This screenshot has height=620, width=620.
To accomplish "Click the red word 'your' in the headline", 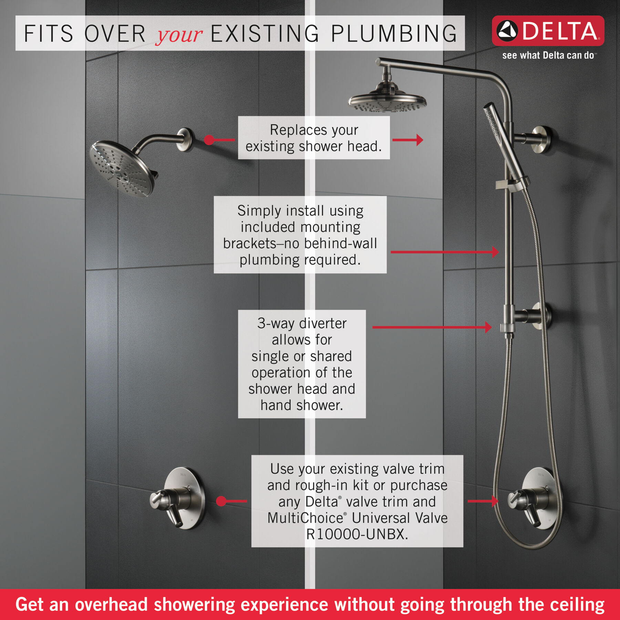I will pyautogui.click(x=179, y=34).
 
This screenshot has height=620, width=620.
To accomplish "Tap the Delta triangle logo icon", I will pyautogui.click(x=507, y=31).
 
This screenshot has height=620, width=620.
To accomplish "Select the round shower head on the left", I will pyautogui.click(x=121, y=168).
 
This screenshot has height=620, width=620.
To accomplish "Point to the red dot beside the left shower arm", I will pyautogui.click(x=209, y=140).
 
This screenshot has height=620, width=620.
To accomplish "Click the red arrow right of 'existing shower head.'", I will pyautogui.click(x=408, y=140).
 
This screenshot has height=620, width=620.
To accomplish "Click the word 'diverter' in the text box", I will pyautogui.click(x=323, y=323).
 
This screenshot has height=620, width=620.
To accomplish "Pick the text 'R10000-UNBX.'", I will pyautogui.click(x=357, y=535).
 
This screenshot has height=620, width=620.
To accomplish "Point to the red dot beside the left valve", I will pyautogui.click(x=221, y=501).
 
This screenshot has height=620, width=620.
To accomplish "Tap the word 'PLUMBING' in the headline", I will pyautogui.click(x=394, y=34).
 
